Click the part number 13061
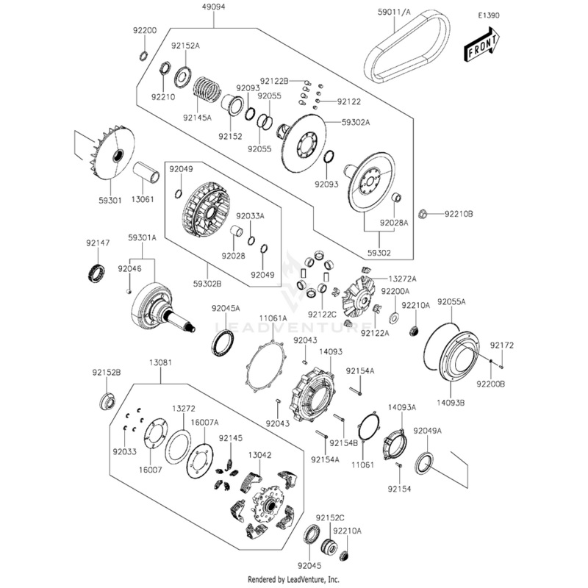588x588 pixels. (x=143, y=199)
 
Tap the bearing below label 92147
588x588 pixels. (x=97, y=269)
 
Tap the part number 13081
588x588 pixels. (x=160, y=363)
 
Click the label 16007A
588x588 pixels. (x=205, y=423)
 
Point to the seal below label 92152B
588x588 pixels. (x=107, y=401)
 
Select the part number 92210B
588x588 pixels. (x=458, y=214)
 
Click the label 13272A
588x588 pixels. (x=403, y=279)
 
